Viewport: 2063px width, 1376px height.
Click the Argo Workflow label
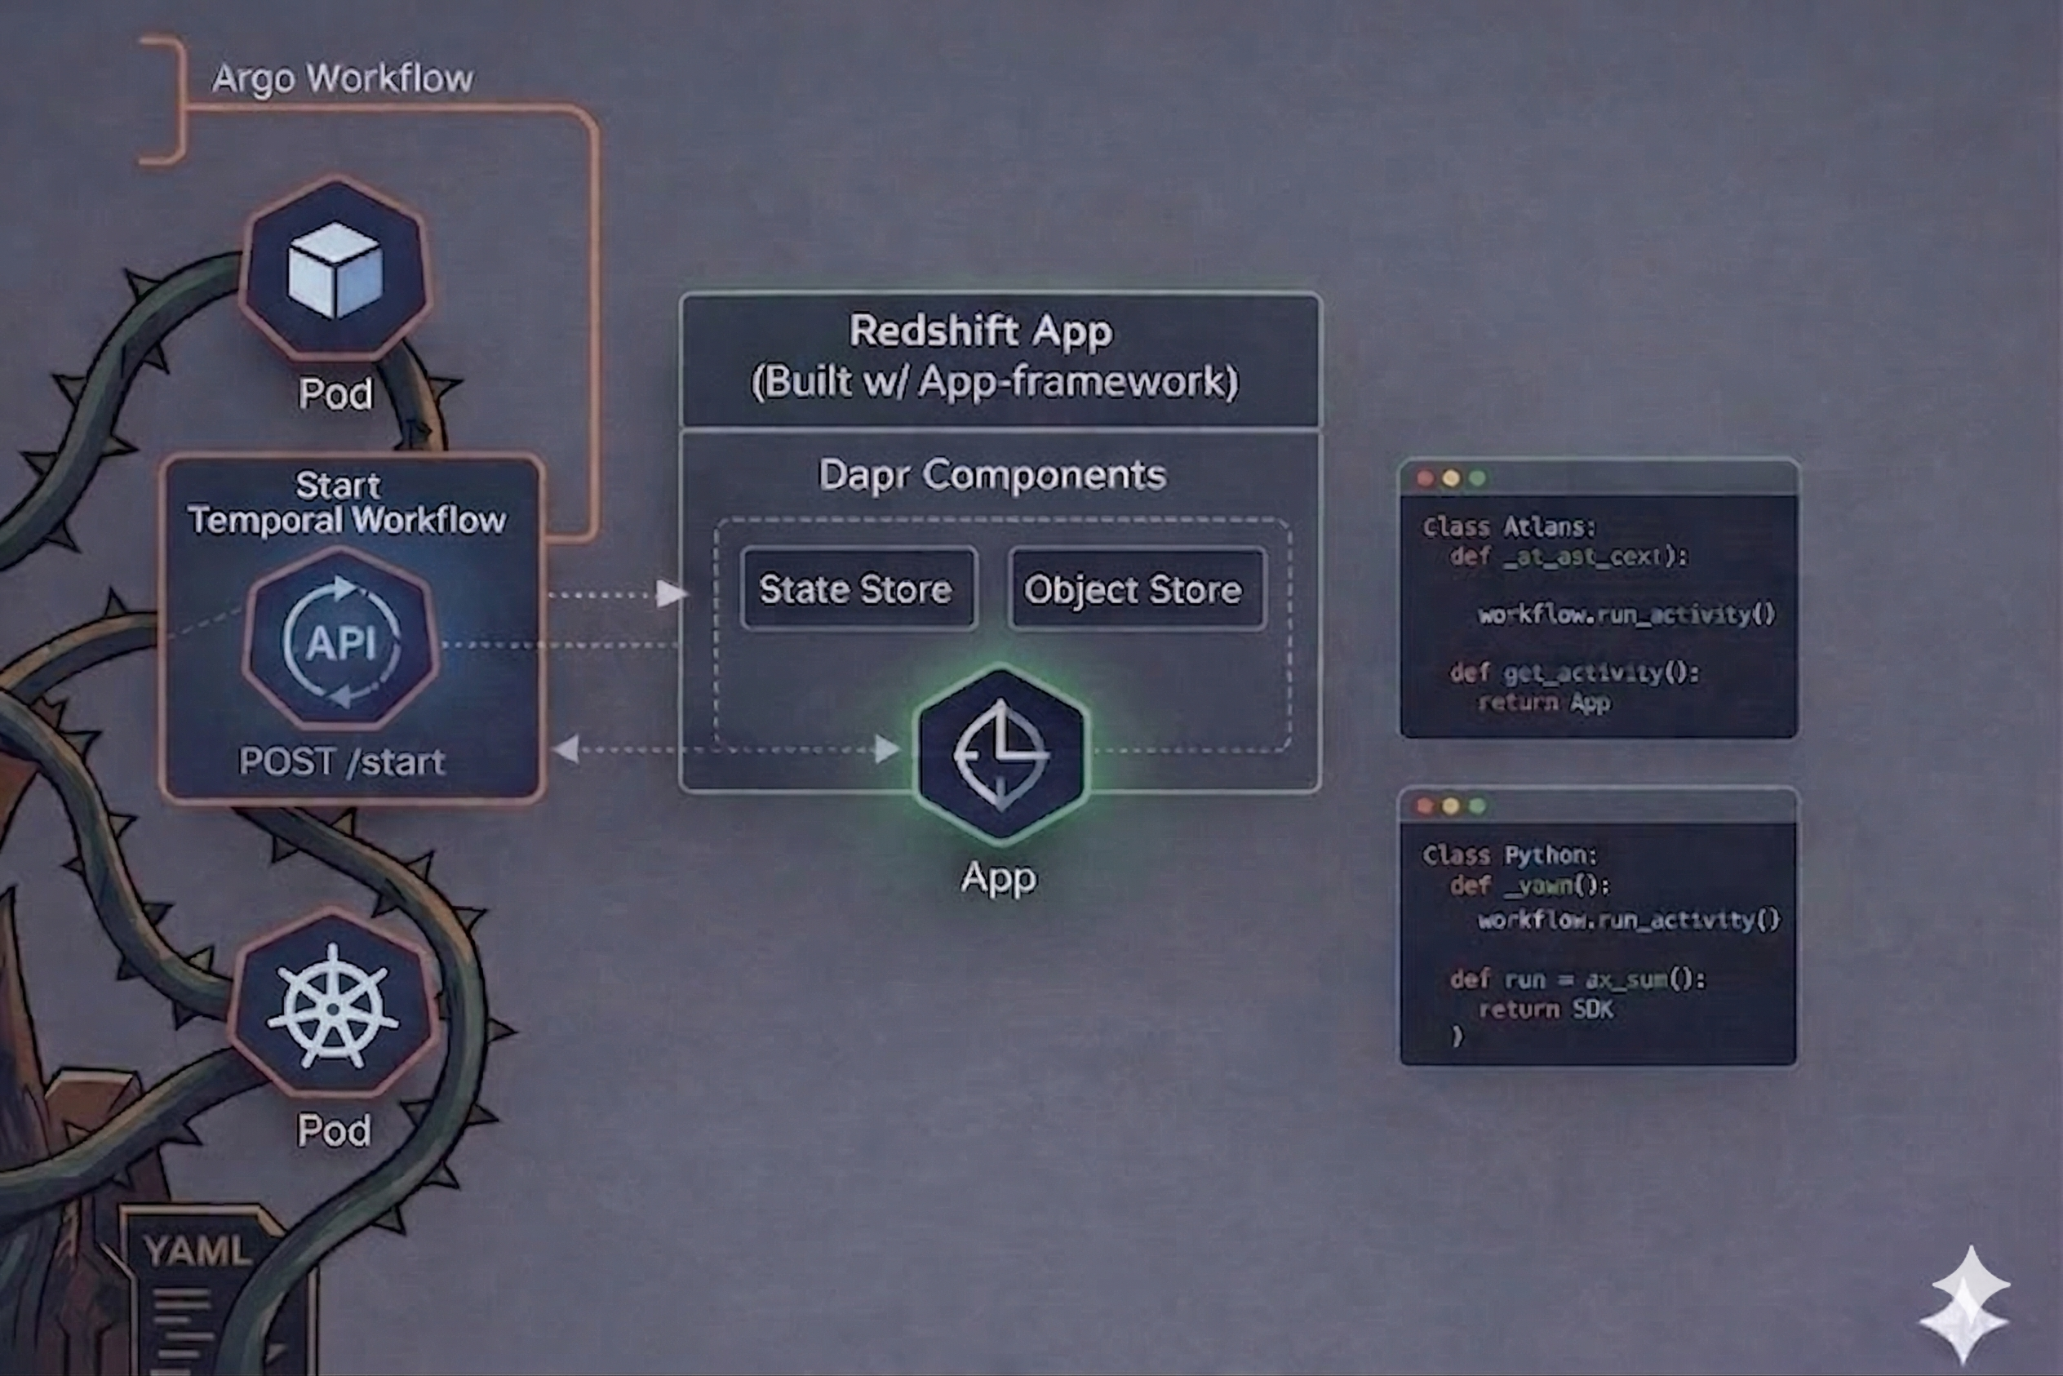(342, 79)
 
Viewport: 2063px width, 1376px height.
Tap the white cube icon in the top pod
(335, 269)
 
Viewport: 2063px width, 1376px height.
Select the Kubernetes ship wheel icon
(333, 1007)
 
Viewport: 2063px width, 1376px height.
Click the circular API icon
(341, 641)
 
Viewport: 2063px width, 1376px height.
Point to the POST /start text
(342, 761)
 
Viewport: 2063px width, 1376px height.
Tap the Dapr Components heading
(992, 476)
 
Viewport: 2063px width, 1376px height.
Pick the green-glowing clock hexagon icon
(1001, 754)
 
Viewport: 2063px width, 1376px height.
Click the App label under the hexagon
(999, 877)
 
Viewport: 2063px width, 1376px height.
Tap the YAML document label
(198, 1250)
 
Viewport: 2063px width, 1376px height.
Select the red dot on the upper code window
(1425, 478)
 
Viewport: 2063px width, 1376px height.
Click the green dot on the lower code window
(1478, 806)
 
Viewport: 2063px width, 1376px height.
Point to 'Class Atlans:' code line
(1508, 527)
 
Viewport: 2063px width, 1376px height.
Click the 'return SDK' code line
(1546, 1010)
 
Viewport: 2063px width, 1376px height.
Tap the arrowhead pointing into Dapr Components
(672, 594)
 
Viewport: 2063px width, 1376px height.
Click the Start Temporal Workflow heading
(346, 503)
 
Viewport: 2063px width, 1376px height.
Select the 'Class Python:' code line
(1509, 854)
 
